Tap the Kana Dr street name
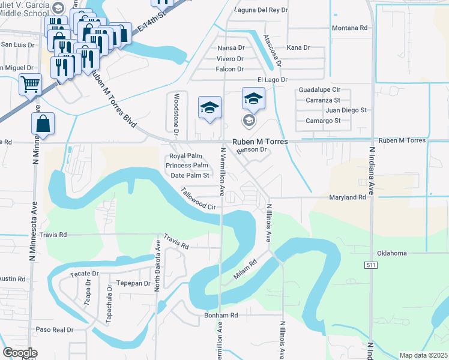[298, 47]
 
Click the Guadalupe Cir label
[319, 89]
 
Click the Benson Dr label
[251, 150]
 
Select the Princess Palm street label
[187, 166]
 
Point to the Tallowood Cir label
[199, 199]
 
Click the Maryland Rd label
[347, 197]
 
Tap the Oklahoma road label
[392, 253]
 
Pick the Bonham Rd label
[221, 315]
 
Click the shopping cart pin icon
[30, 84]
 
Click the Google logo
[20, 353]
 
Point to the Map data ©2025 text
[423, 355]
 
